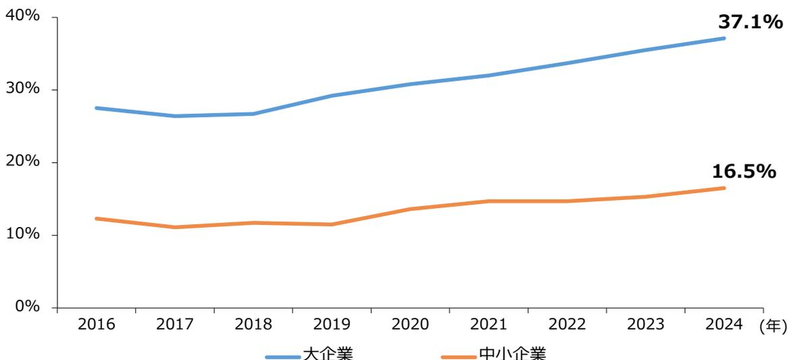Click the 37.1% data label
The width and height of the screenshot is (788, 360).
[x=749, y=23]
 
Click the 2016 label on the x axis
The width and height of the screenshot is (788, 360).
[x=97, y=325]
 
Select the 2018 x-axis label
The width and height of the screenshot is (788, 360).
[x=253, y=325]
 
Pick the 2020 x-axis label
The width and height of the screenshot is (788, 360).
[x=410, y=325]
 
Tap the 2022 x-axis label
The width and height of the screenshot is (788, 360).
[x=567, y=325]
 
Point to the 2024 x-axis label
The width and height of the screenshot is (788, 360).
[x=724, y=325]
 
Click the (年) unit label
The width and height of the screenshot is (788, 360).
[x=772, y=326]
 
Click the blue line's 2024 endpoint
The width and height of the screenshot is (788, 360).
[x=724, y=38]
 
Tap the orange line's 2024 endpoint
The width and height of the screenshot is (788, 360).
[x=724, y=188]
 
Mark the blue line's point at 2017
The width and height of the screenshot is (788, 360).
[x=175, y=116]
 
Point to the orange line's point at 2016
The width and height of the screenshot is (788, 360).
[x=97, y=218]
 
